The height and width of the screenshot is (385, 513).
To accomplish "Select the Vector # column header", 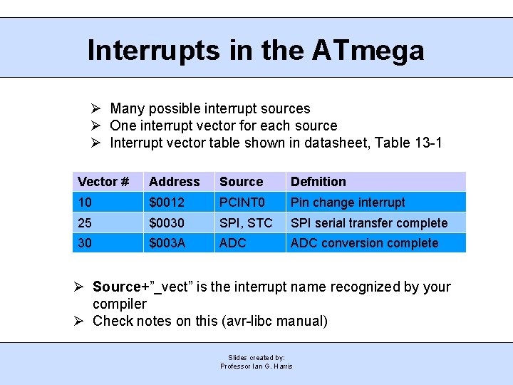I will pyautogui.click(x=103, y=182).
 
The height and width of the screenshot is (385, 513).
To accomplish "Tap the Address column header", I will pyautogui.click(x=174, y=182).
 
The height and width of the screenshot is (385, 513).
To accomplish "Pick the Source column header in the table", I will pyautogui.click(x=241, y=182).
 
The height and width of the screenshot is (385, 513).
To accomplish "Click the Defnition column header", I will pyautogui.click(x=318, y=182).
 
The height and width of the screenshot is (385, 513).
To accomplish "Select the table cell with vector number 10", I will pyautogui.click(x=85, y=202).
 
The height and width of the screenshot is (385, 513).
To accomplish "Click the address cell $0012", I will pyautogui.click(x=167, y=202).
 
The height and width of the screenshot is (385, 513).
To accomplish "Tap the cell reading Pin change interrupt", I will pyautogui.click(x=348, y=202).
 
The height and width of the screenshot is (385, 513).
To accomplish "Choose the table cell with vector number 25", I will pyautogui.click(x=85, y=223).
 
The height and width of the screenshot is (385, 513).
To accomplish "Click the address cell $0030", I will pyautogui.click(x=167, y=223).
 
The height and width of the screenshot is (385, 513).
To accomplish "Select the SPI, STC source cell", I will pyautogui.click(x=246, y=223).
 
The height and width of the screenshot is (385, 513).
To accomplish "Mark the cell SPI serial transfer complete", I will pyautogui.click(x=369, y=223).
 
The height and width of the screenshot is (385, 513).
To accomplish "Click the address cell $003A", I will pyautogui.click(x=167, y=243).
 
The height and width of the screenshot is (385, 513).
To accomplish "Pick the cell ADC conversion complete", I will pyautogui.click(x=364, y=243).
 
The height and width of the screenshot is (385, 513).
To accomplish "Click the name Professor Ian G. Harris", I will pyautogui.click(x=256, y=366).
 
